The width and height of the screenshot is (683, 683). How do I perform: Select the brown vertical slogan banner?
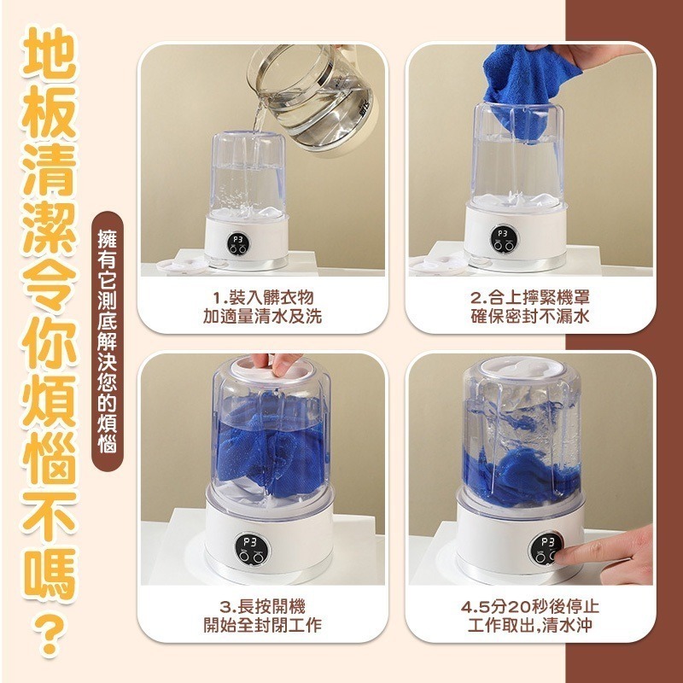point(108,341)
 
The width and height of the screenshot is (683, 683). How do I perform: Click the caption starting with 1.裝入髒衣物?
point(262,306)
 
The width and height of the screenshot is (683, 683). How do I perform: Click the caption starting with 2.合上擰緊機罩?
point(530,306)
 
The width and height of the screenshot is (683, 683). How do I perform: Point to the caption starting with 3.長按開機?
point(262,616)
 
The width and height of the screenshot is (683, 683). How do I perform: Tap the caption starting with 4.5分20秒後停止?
point(530,616)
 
